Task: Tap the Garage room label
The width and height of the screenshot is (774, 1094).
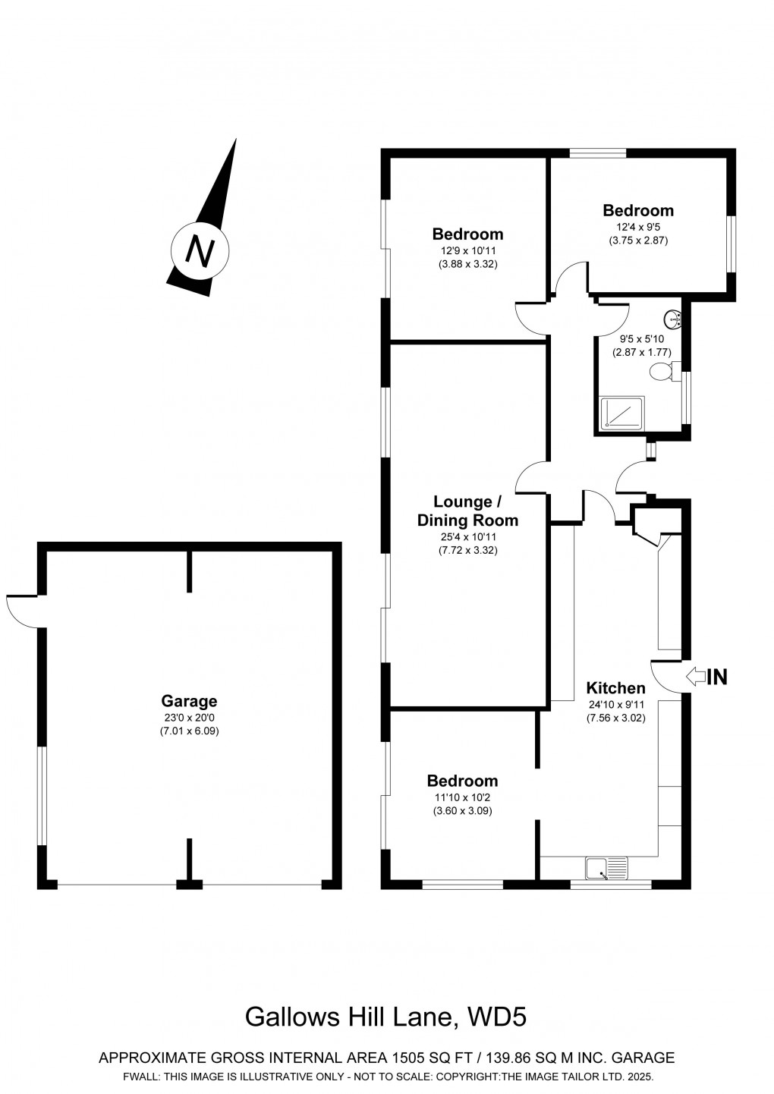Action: click(189, 701)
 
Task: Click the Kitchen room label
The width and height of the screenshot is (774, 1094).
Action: click(615, 688)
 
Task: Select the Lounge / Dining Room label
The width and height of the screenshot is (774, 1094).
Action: click(467, 511)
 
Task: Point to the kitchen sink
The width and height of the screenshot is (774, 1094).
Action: click(607, 867)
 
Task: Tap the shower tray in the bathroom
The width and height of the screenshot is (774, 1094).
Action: click(621, 413)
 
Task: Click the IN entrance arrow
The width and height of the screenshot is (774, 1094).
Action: click(694, 677)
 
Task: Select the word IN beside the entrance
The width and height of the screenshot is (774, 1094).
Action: click(717, 677)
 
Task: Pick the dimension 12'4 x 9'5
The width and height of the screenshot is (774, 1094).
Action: click(637, 226)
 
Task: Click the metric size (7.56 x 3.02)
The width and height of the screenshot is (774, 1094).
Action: click(615, 718)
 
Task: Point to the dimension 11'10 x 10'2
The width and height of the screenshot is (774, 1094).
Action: click(462, 797)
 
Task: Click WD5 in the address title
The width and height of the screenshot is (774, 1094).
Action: click(497, 1017)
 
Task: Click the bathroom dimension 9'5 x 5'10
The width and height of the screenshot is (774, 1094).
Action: click(642, 339)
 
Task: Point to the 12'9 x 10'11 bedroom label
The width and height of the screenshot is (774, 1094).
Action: click(467, 250)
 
